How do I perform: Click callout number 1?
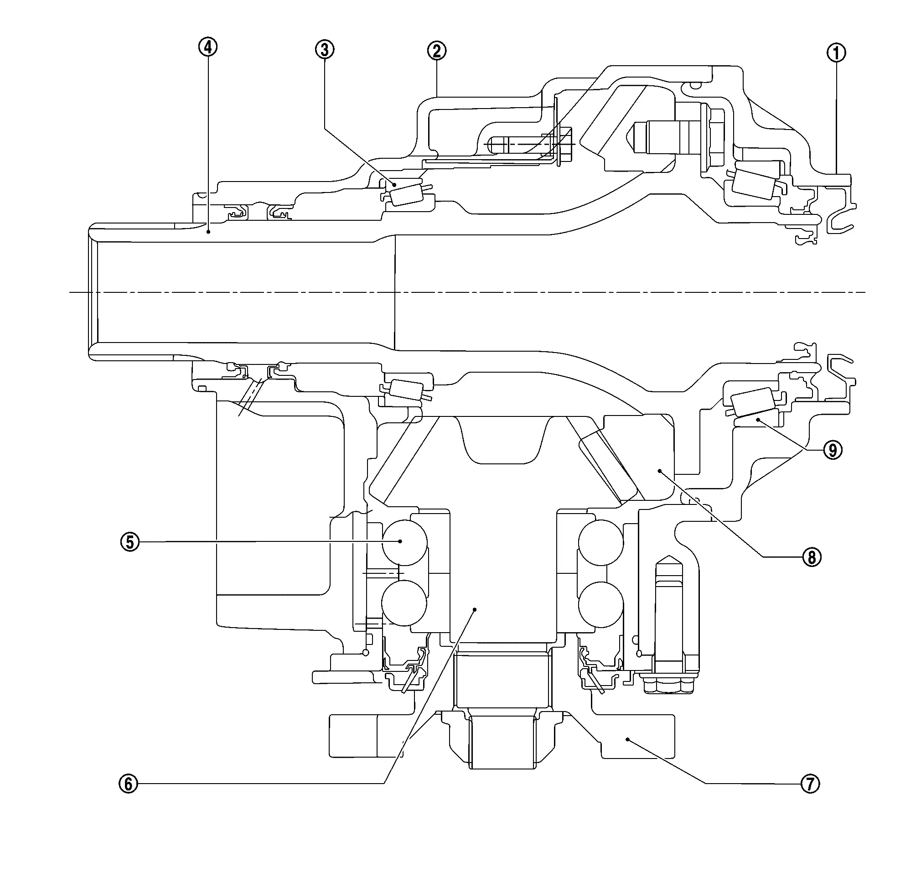click(x=836, y=52)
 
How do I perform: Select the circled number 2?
click(x=437, y=51)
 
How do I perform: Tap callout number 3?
click(x=325, y=49)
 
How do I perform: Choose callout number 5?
click(x=130, y=542)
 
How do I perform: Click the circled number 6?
click(x=129, y=784)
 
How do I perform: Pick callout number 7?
click(x=810, y=784)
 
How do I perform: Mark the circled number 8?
click(x=812, y=557)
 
